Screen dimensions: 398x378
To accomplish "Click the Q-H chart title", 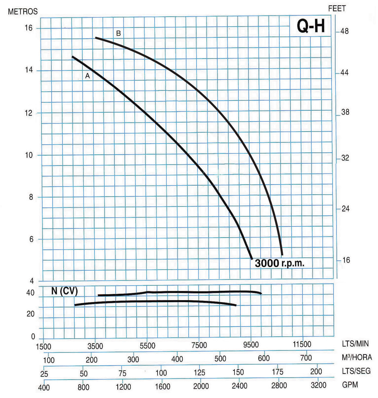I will [x=311, y=26].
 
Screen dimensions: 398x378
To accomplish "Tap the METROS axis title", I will [x=23, y=12].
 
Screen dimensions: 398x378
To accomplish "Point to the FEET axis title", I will [x=337, y=9].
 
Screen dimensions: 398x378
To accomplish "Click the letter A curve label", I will [x=87, y=76].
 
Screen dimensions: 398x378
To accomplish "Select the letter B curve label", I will [x=119, y=33].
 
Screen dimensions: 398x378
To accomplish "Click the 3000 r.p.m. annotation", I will [x=279, y=263].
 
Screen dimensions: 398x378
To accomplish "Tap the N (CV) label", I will [x=65, y=291].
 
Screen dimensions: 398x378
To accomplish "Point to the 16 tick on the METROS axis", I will [x=29, y=28].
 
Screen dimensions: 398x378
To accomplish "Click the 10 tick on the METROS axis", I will [x=29, y=155].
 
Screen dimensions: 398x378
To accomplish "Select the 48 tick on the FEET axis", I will [x=344, y=32].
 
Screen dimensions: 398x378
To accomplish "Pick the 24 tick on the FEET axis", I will [x=345, y=209].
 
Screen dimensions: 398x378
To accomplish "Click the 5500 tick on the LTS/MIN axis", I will [x=147, y=346].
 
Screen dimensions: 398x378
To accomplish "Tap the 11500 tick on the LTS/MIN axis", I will [x=302, y=344].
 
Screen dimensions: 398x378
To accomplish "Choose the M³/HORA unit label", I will [x=357, y=357].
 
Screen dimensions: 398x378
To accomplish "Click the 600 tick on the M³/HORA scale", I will [x=264, y=358].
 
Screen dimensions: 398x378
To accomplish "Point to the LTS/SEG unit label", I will [x=356, y=371].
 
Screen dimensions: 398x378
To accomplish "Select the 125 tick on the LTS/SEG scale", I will [x=199, y=372].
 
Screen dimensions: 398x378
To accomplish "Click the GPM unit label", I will [x=350, y=385].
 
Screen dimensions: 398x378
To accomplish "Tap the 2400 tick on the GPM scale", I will [x=239, y=386].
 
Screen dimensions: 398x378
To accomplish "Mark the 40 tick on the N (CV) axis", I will [x=30, y=293].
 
